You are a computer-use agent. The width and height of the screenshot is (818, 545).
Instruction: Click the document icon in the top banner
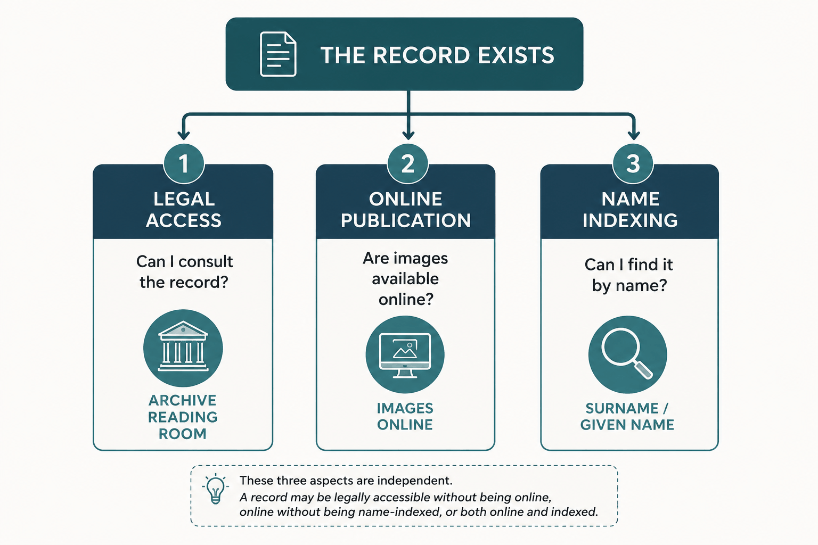[278, 54]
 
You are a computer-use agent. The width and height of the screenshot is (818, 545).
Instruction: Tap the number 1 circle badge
[184, 163]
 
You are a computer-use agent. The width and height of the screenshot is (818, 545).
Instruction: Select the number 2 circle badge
[407, 163]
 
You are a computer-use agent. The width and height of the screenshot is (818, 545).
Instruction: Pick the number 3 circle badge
[633, 163]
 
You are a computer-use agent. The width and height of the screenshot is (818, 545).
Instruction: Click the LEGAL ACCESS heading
[184, 210]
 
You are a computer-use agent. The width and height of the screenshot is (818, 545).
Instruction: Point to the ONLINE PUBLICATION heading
[406, 210]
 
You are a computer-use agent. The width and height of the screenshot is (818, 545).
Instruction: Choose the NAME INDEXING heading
[630, 210]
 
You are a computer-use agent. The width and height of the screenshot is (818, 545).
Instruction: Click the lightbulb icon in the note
[216, 489]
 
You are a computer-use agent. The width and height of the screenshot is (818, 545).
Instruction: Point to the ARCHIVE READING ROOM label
[183, 417]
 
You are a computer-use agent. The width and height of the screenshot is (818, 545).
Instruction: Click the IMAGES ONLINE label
[405, 417]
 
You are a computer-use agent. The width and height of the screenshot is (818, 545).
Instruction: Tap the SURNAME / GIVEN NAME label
[627, 417]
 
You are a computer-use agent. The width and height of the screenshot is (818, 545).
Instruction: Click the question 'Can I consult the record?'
[184, 271]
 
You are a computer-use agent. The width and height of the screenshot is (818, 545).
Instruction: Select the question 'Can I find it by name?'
[629, 275]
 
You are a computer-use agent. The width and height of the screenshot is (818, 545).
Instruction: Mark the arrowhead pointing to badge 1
[183, 135]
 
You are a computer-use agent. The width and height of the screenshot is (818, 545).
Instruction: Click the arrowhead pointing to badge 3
[634, 135]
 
